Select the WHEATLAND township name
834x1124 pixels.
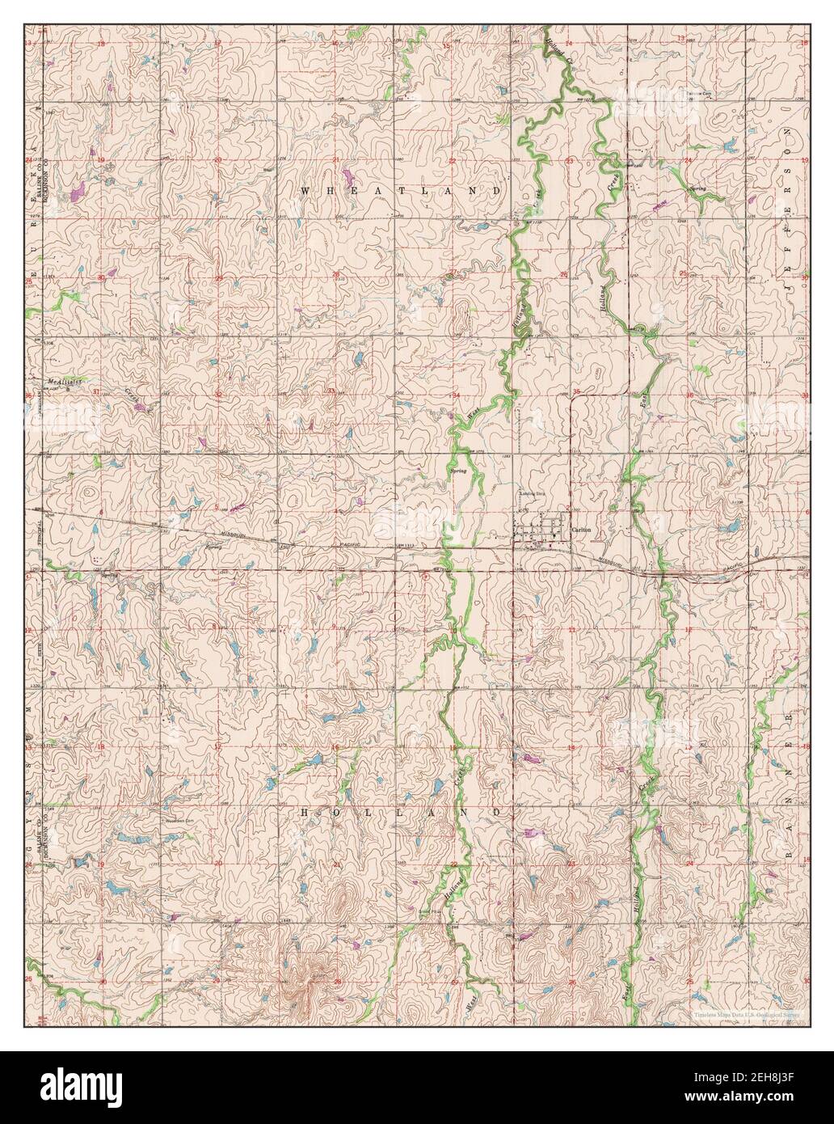[401, 191]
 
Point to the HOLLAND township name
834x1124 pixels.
[401, 810]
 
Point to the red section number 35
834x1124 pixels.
[577, 392]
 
